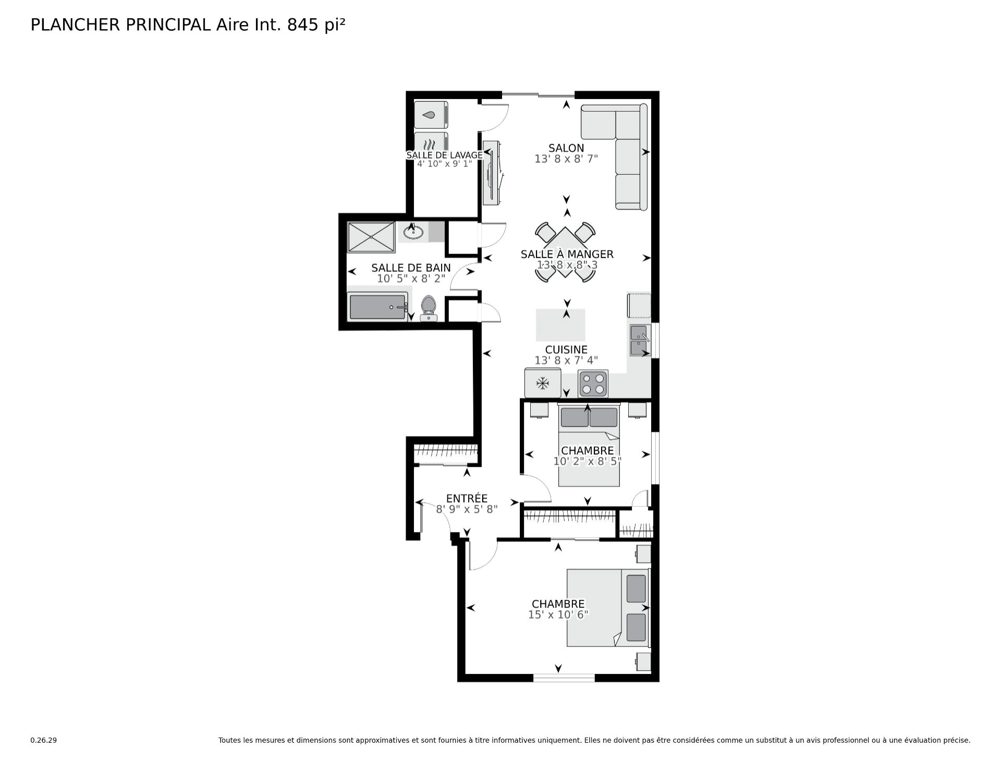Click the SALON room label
point(566,148)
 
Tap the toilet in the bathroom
point(429,308)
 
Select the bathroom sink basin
point(413,231)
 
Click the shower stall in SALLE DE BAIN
point(371,237)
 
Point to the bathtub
point(378,307)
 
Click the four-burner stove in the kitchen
point(593,383)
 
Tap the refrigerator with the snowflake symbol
point(543,383)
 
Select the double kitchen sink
point(639,340)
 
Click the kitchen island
point(560,325)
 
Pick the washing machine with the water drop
point(431,115)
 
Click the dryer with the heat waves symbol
point(431,144)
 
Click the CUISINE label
point(566,349)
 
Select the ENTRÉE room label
point(467,499)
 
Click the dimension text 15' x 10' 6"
point(558,614)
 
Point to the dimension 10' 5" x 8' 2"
point(411,279)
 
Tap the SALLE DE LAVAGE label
point(445,155)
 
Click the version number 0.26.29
point(44,740)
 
